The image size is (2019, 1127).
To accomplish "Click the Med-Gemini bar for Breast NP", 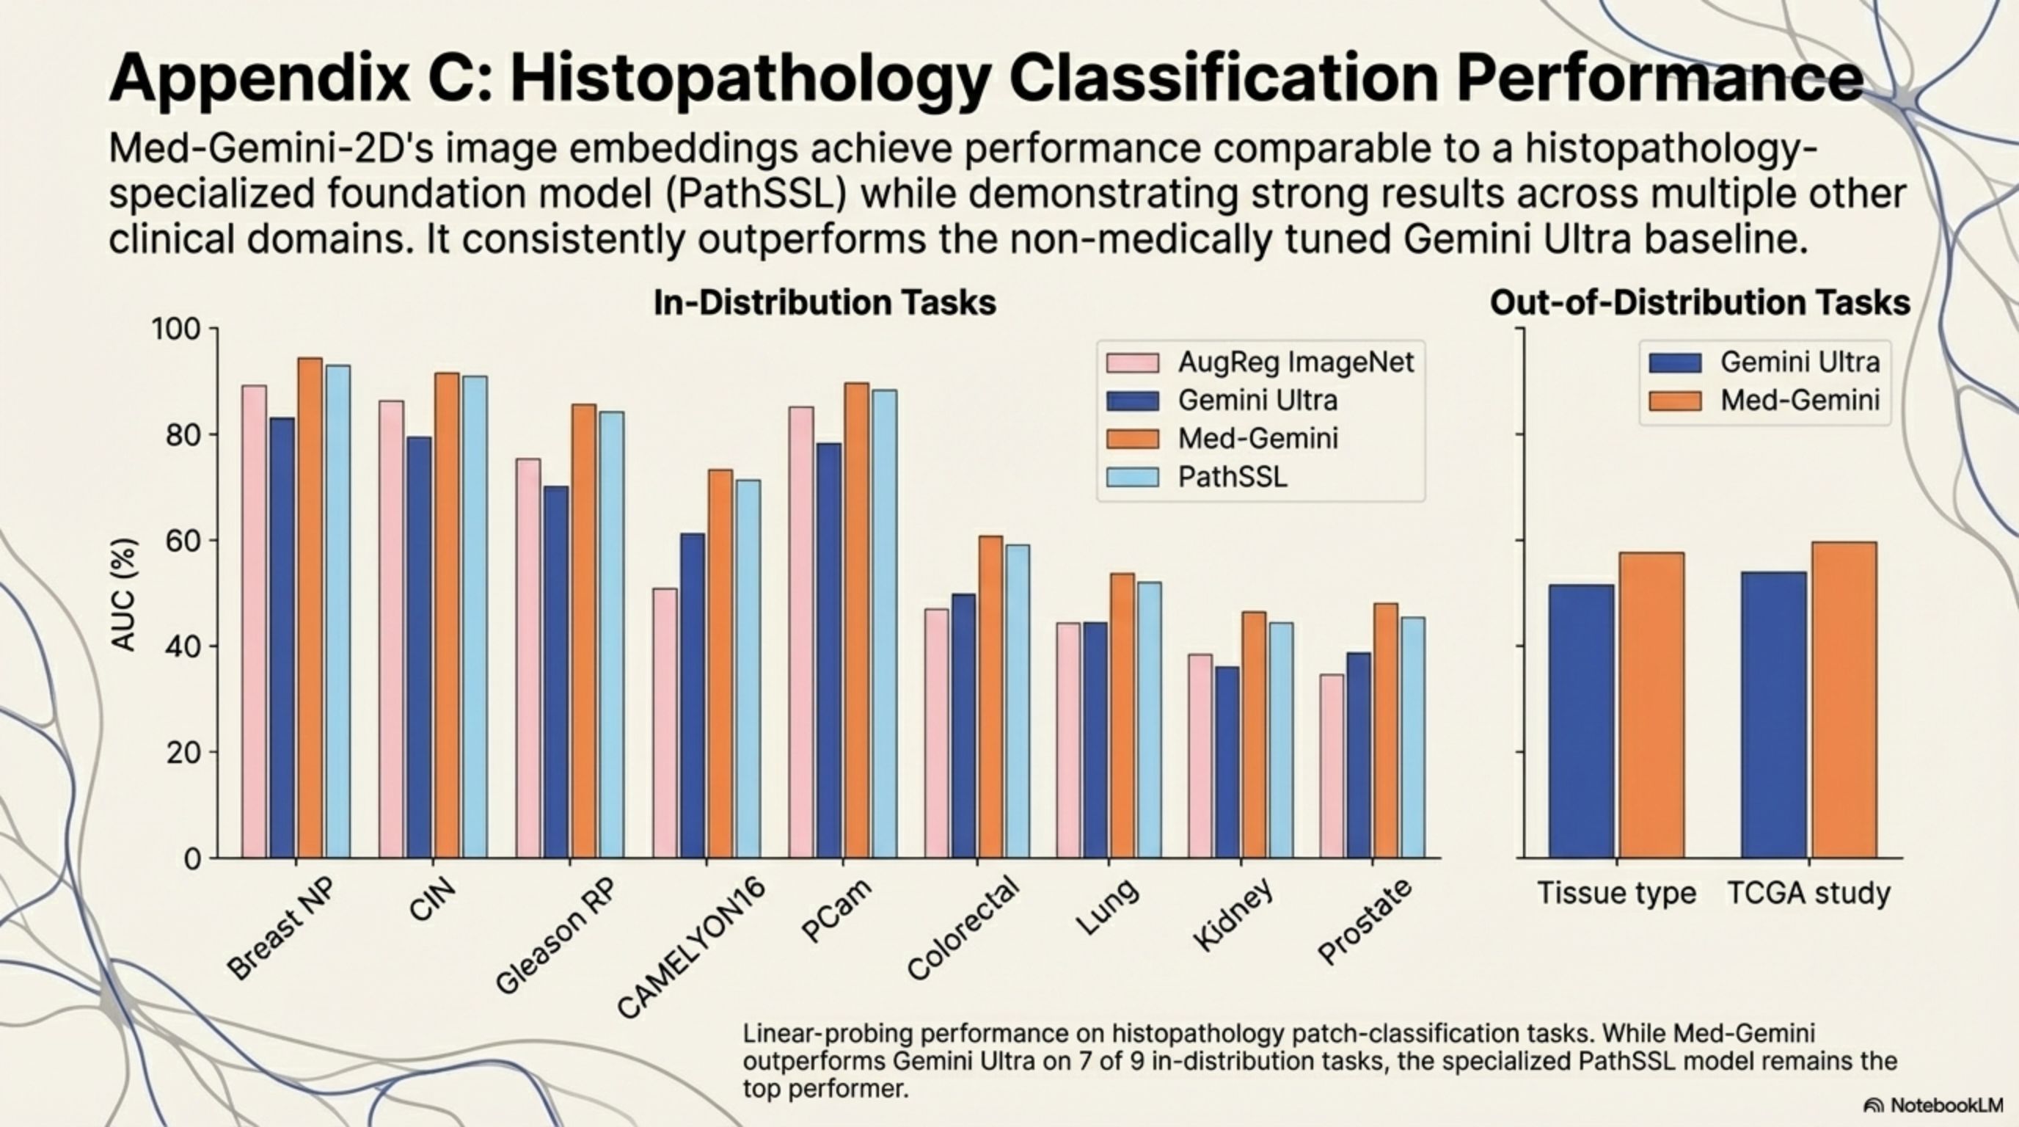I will pos(310,608).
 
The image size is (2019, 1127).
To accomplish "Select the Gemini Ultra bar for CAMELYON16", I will pos(693,696).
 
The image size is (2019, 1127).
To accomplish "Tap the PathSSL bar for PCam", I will pos(884,624).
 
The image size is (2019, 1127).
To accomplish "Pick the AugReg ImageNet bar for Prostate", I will pos(1332,766).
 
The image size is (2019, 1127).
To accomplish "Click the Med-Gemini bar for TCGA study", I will pos(1844,700).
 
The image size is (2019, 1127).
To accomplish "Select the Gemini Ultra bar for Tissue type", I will pos(1581,721).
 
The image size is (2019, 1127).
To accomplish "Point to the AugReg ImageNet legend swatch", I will pos(1132,363).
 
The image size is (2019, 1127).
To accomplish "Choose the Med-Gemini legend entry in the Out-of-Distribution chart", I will pos(1800,401).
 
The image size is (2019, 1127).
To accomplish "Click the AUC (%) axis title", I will pos(124,596).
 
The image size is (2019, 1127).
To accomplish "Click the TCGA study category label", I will pos(1809,894).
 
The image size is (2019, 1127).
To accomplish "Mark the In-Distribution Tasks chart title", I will pos(825,302).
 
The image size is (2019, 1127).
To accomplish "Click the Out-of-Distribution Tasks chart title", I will pos(1699,302).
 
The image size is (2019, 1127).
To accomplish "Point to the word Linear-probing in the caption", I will pos(825,1034).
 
